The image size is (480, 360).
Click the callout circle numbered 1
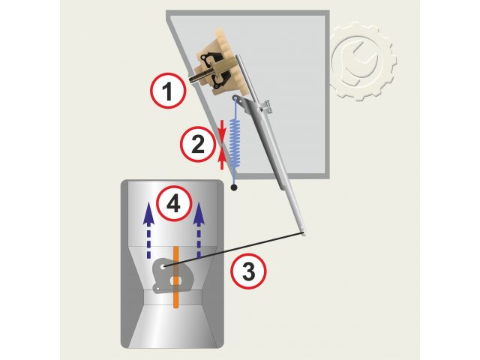pos(168,91)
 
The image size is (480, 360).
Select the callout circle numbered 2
pos(197,144)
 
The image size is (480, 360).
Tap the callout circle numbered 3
pos(248,271)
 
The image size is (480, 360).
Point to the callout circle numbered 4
pos(174,203)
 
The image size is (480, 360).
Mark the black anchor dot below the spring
pos(234,187)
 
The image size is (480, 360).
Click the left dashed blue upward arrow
pos(148,229)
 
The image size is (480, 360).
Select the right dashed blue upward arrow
pos(199,229)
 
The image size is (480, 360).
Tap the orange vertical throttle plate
pos(176,277)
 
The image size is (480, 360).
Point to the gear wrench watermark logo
pos(363,61)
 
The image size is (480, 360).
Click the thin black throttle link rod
pos(233,250)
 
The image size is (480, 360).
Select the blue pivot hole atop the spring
pos(235,98)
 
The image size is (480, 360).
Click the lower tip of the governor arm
pos(303,234)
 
